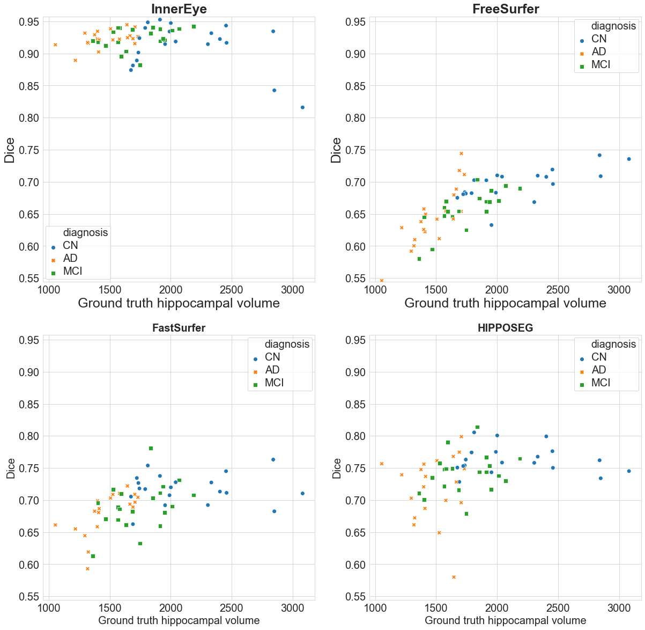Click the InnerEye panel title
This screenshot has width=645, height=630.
tap(179, 9)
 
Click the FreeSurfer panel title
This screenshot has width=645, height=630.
tap(505, 9)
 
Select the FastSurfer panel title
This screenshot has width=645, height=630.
tap(179, 328)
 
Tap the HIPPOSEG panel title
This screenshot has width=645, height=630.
tap(505, 328)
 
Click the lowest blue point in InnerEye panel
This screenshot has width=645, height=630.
tap(302, 107)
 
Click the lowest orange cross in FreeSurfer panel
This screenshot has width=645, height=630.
tap(382, 281)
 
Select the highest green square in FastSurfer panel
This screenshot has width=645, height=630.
tap(151, 448)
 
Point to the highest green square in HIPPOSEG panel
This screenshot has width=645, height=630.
tap(477, 427)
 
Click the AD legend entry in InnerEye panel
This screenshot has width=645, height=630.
tap(70, 258)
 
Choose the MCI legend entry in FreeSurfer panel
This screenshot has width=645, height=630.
tap(600, 64)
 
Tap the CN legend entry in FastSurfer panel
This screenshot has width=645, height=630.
tap(272, 357)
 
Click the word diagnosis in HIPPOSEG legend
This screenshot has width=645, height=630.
tap(613, 344)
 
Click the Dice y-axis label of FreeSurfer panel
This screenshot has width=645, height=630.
tap(336, 150)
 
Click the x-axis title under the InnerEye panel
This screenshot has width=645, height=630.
tap(179, 303)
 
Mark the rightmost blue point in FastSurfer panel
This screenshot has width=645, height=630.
tap(302, 493)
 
